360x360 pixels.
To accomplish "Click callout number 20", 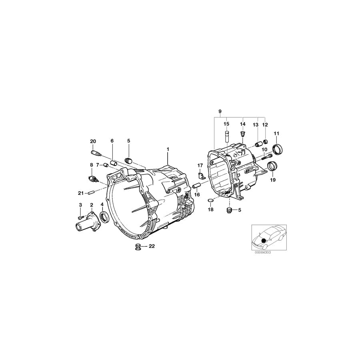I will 93,141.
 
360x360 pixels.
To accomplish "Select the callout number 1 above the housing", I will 168,149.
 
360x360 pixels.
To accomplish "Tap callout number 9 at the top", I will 220,111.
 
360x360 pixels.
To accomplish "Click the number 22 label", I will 152,246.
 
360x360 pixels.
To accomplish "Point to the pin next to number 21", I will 91,193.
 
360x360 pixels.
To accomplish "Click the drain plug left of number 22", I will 138,246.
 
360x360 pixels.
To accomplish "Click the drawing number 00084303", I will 262,252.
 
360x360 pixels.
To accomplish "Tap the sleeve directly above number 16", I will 196,186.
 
